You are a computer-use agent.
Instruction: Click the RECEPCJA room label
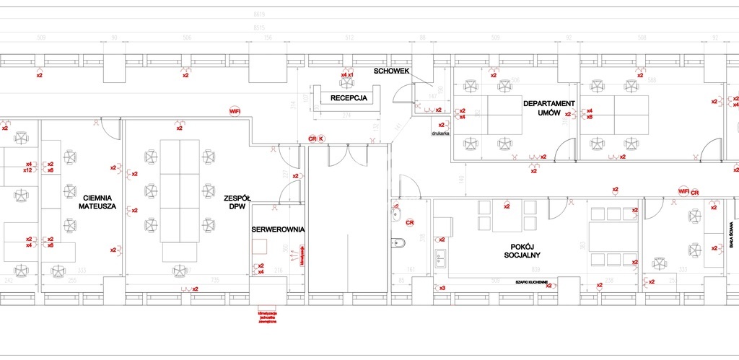point(349,97)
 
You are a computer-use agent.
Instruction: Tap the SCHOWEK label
point(392,71)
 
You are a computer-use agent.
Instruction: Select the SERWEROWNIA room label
point(278,229)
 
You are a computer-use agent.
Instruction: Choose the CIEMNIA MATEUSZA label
point(98,202)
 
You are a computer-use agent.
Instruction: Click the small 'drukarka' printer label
point(441,133)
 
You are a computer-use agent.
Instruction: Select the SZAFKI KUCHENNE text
point(531,281)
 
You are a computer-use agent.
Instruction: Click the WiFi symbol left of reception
point(234,111)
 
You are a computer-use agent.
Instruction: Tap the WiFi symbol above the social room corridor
point(683,191)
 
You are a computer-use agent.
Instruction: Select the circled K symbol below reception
point(322,138)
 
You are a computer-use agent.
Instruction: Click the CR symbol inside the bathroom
point(409,222)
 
